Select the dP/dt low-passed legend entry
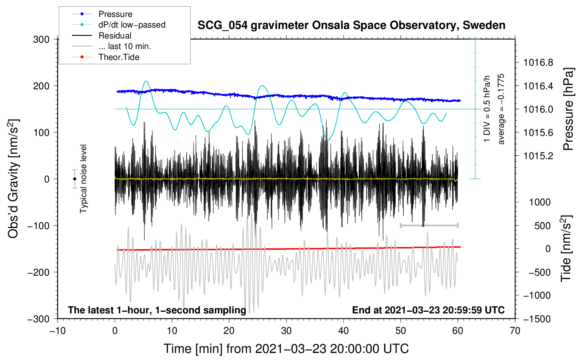coord(132,25)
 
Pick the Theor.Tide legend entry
coord(119,57)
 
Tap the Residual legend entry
coord(115,36)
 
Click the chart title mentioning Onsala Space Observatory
coord(351,25)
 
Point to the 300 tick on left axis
coord(41,40)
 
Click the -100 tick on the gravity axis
coord(38,226)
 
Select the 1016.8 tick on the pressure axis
coord(538,63)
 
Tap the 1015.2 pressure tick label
coord(538,156)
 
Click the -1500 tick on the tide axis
coord(537,319)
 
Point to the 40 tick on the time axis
coord(343,331)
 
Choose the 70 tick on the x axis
coord(515,331)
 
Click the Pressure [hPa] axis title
coord(568,109)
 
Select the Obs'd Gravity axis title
coord(13,179)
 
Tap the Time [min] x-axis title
coord(286,349)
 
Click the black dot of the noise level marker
coord(74,179)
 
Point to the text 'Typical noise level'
coord(83,179)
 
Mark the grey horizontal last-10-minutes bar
coord(429,225)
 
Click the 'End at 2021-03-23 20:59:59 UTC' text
coord(428,310)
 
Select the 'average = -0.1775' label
coord(501,109)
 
